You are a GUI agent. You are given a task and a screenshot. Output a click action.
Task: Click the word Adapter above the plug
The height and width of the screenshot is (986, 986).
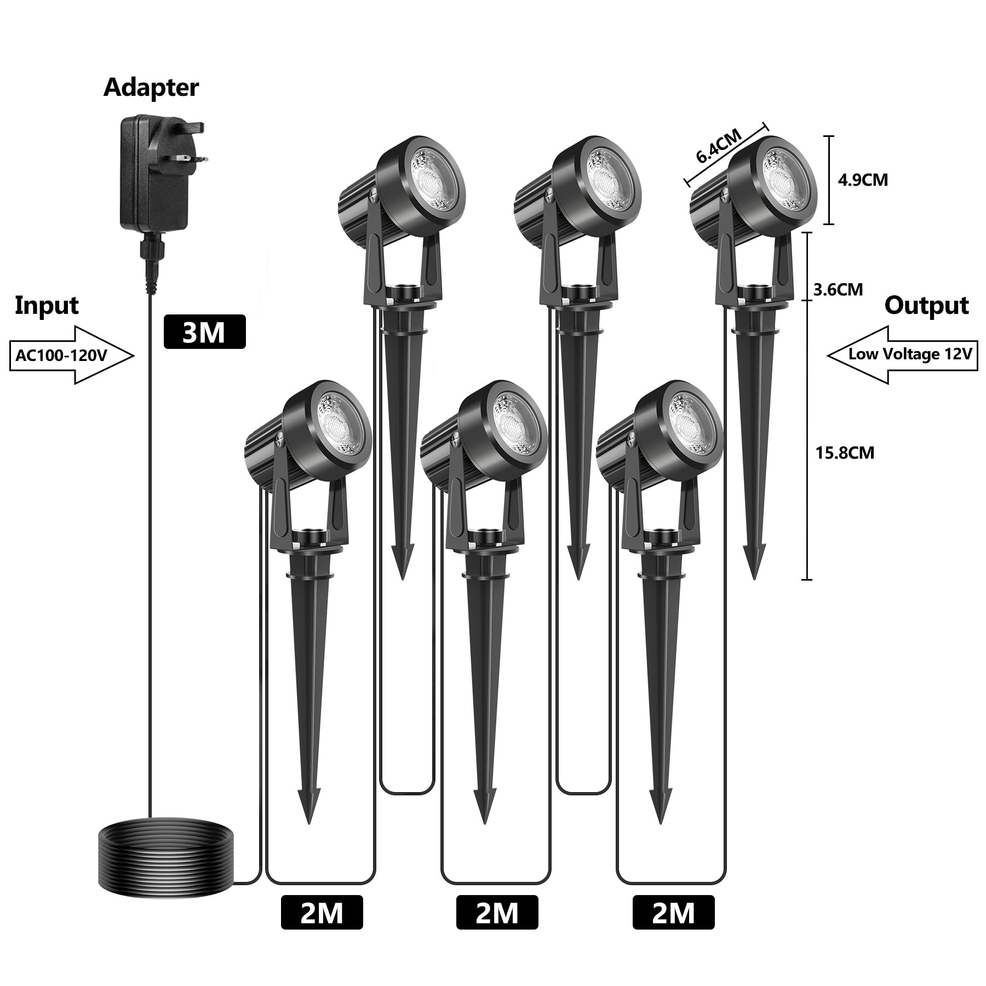pos(151,88)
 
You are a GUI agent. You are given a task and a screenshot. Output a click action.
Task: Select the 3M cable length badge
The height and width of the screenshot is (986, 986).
pos(204,332)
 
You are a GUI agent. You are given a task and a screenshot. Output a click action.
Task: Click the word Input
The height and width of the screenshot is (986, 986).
pos(47,305)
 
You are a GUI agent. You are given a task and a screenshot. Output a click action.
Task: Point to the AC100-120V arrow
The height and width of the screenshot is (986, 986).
pos(71,355)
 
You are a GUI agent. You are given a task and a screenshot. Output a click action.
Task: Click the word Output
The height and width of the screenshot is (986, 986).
pos(926,305)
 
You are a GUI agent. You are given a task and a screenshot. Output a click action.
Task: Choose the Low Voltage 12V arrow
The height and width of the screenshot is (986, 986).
pos(902,354)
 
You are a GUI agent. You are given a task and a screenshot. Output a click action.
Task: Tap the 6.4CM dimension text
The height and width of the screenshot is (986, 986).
pos(719,146)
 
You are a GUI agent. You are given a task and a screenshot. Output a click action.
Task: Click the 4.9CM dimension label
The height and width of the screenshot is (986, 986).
pos(863,180)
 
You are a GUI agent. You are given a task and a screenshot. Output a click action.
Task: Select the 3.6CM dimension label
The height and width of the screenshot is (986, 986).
pos(838,289)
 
